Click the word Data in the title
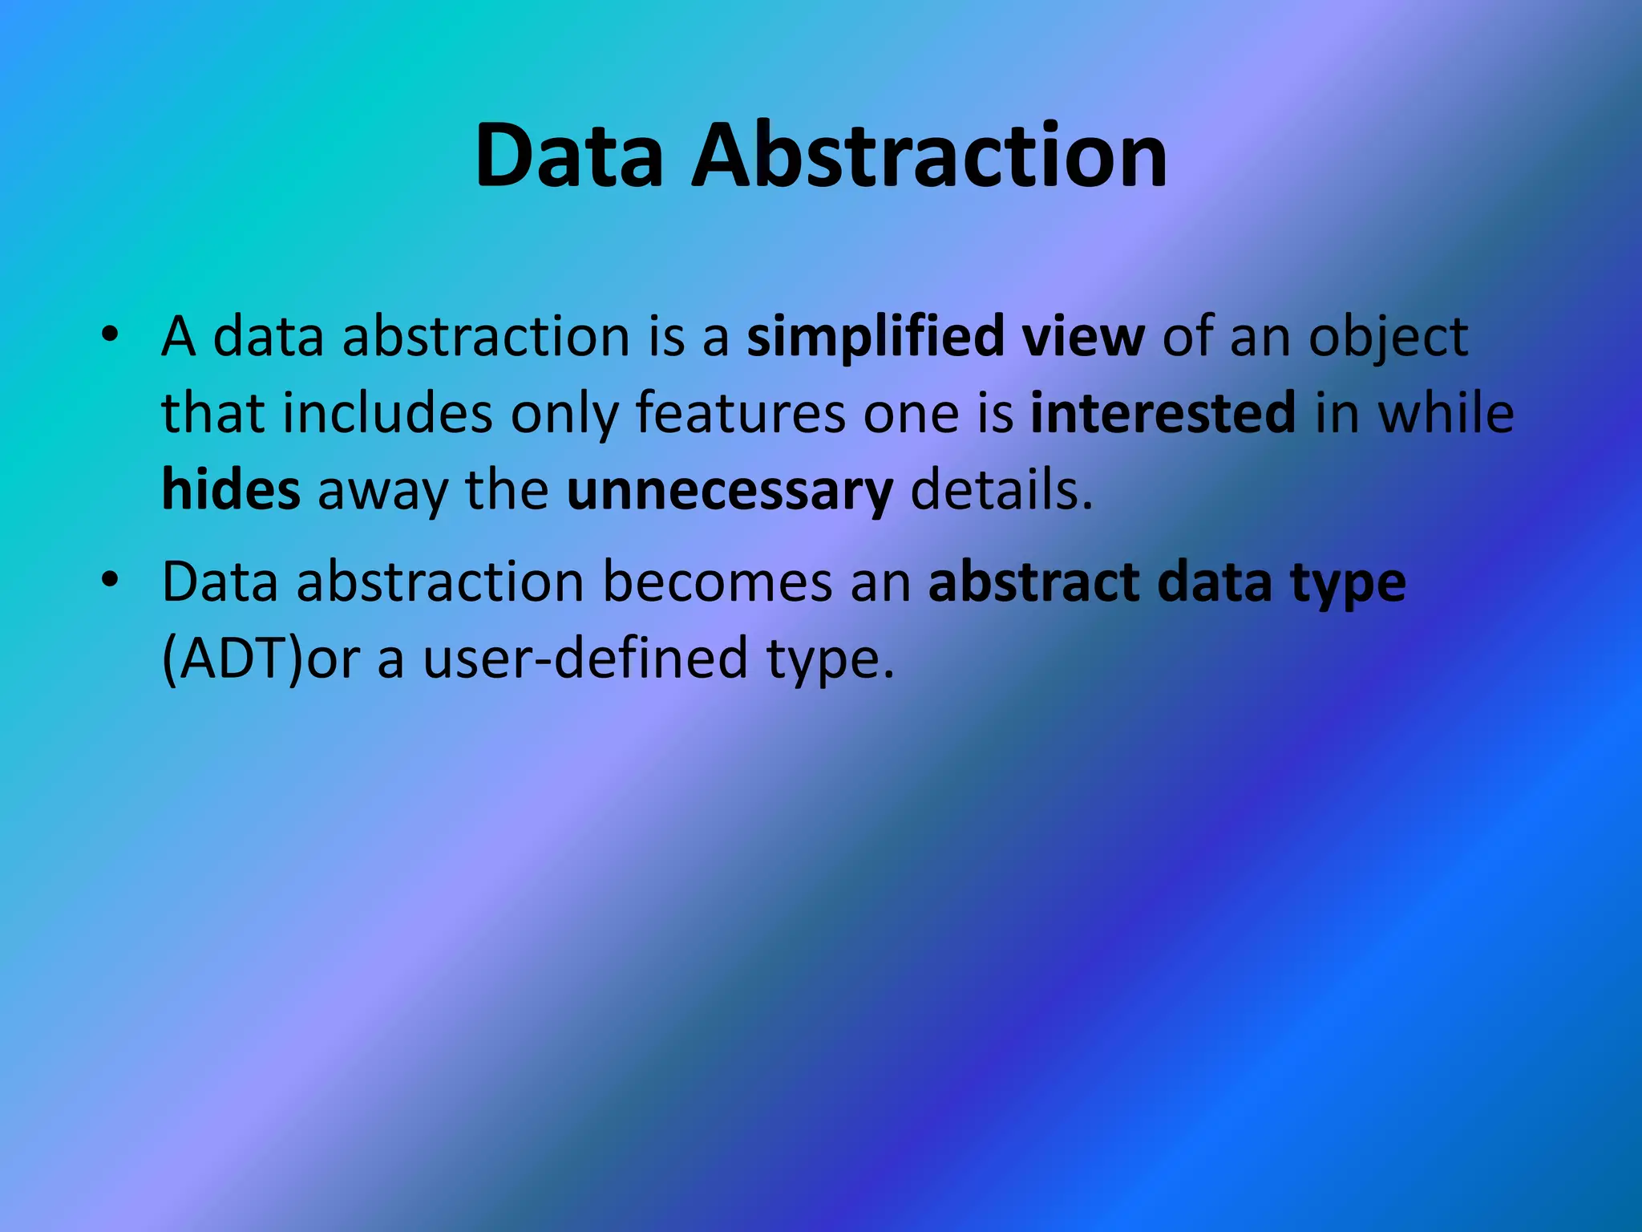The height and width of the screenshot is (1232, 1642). (x=569, y=156)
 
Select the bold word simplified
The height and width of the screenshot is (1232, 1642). (x=875, y=337)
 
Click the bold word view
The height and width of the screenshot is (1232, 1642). (x=1082, y=337)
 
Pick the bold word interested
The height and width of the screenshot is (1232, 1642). (x=1163, y=413)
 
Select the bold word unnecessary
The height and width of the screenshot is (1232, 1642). (x=730, y=491)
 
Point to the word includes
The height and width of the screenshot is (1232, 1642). (x=387, y=413)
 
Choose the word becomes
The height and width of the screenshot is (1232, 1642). (x=717, y=582)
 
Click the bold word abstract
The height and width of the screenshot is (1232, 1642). (x=1034, y=582)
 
